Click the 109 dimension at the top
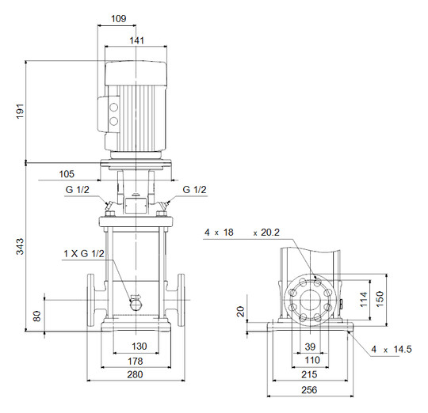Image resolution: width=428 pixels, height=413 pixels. pyautogui.click(x=119, y=18)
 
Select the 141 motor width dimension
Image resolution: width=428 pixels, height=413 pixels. pyautogui.click(x=136, y=40)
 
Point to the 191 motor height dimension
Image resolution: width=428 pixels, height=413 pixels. pyautogui.click(x=20, y=111)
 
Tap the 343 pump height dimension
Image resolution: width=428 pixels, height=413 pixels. pyautogui.click(x=20, y=247)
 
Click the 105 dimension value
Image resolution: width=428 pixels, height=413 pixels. pyautogui.click(x=67, y=174)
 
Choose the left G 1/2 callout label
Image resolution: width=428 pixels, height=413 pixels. pyautogui.click(x=77, y=189)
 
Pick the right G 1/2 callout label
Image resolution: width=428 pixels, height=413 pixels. pyautogui.click(x=194, y=189)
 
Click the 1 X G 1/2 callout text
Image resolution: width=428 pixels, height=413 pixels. pyautogui.click(x=84, y=254)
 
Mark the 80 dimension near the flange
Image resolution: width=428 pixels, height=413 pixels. pyautogui.click(x=36, y=316)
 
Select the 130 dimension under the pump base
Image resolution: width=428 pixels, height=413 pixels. pyautogui.click(x=139, y=347)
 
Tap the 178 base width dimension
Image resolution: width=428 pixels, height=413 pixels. pyautogui.click(x=136, y=362)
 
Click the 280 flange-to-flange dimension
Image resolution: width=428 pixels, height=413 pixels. pyautogui.click(x=135, y=374)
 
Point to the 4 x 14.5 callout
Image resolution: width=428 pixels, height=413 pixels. pyautogui.click(x=392, y=349)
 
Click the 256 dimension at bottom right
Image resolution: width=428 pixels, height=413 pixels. pyautogui.click(x=309, y=390)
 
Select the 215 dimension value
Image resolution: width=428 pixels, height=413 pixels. pyautogui.click(x=309, y=374)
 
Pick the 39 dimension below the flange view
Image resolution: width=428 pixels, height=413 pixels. pyautogui.click(x=310, y=347)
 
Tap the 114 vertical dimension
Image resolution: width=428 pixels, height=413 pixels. pyautogui.click(x=364, y=299)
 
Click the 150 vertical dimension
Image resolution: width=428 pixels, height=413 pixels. pyautogui.click(x=380, y=299)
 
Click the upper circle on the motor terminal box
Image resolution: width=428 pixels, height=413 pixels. pyautogui.click(x=113, y=108)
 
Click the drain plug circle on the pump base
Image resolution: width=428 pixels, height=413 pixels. pyautogui.click(x=135, y=305)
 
